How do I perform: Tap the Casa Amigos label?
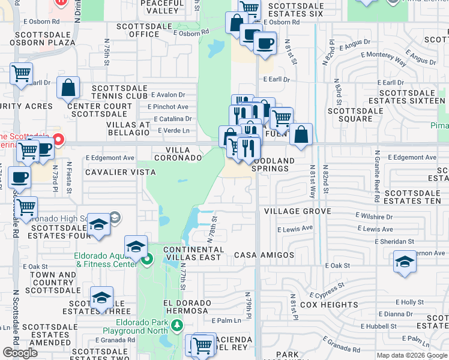coord(264,255)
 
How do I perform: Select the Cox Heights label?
coord(329,304)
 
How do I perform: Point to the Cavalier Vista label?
coord(120,172)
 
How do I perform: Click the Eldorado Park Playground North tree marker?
coord(176,325)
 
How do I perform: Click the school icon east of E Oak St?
coord(405,262)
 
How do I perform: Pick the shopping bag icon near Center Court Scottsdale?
coord(68,88)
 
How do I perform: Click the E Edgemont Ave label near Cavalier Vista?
coord(110,158)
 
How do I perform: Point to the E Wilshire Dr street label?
coord(373,215)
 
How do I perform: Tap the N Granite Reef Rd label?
coord(377,175)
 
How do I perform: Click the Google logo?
coord(20,353)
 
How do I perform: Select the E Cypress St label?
coord(327,290)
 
